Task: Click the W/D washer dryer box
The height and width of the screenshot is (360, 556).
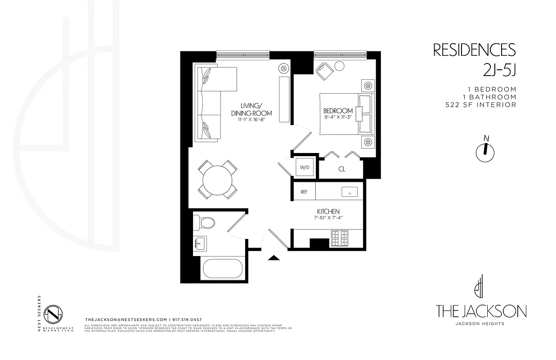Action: (x=305, y=167)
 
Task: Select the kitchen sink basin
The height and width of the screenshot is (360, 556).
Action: (x=349, y=192)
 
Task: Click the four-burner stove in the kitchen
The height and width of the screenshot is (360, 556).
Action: (x=340, y=238)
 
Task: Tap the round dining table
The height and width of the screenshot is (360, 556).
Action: (x=218, y=180)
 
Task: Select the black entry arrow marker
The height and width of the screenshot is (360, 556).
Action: (x=274, y=258)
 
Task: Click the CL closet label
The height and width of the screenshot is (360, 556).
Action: (x=341, y=169)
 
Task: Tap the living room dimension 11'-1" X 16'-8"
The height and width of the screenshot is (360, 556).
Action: (x=251, y=120)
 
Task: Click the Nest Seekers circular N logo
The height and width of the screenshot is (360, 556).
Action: (x=54, y=313)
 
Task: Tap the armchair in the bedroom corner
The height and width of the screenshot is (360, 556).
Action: (x=324, y=71)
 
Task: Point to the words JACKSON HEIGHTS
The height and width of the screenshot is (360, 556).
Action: (x=480, y=324)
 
